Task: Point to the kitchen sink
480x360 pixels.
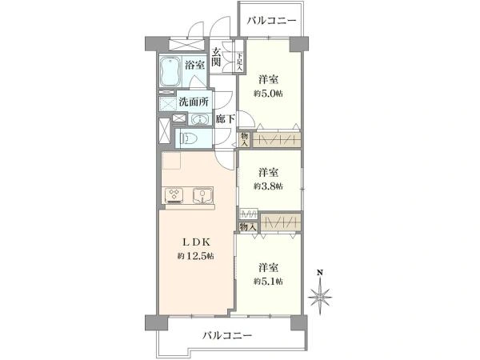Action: [x=202, y=194]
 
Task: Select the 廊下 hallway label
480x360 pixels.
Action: [x=225, y=120]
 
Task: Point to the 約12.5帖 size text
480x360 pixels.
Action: [x=195, y=257]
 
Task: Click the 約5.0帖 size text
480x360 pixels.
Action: [x=269, y=92]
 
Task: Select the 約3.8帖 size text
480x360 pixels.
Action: [x=269, y=185]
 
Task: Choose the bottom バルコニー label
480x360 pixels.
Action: [x=227, y=335]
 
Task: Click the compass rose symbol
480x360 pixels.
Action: [x=321, y=298]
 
